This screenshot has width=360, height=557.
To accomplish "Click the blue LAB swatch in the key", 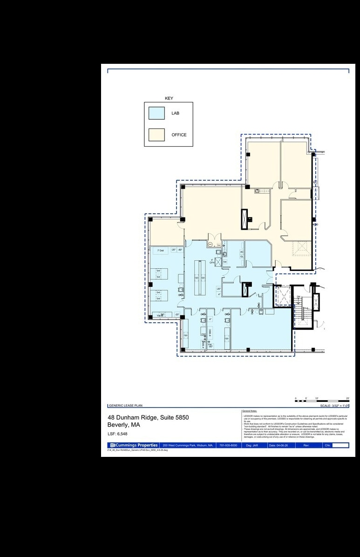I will (156, 113).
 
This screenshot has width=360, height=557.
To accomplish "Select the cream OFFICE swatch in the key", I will (156, 135).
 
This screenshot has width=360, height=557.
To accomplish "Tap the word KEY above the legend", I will (169, 98).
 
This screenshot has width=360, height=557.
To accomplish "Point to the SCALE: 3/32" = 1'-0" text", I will (331, 406).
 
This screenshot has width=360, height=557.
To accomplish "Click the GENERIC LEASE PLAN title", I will (125, 406).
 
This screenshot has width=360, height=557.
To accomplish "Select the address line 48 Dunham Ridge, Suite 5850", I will (148, 417).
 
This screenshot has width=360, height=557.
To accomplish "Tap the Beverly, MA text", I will (123, 425).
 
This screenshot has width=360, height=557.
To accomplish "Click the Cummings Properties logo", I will (134, 445).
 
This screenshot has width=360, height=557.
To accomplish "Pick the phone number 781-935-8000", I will (228, 446).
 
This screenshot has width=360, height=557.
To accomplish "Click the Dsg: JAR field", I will (252, 446).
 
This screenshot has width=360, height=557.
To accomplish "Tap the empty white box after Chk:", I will (340, 446).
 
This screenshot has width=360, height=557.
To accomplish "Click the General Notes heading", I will (250, 411).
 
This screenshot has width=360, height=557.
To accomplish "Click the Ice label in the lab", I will (224, 262).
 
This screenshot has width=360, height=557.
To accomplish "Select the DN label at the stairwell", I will (299, 297).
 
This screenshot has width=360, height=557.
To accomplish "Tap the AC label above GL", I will (242, 252).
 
